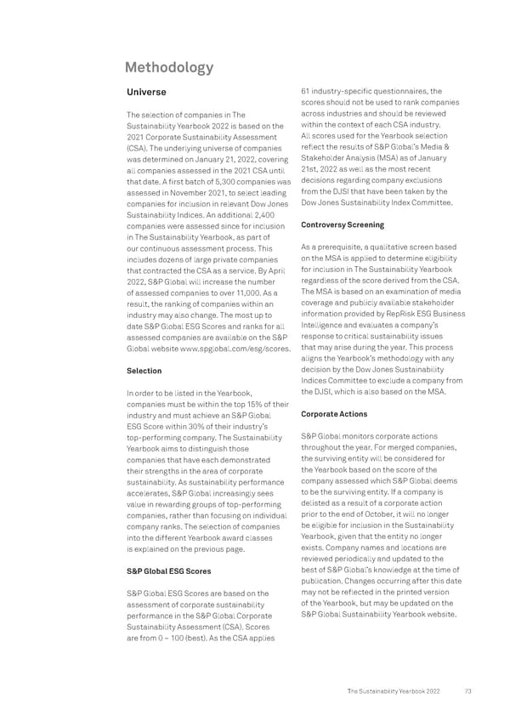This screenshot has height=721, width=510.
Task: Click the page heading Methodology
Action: click(x=170, y=67)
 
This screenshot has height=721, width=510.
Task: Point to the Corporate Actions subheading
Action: click(x=335, y=414)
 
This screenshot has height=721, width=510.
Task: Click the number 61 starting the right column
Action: click(x=308, y=92)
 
